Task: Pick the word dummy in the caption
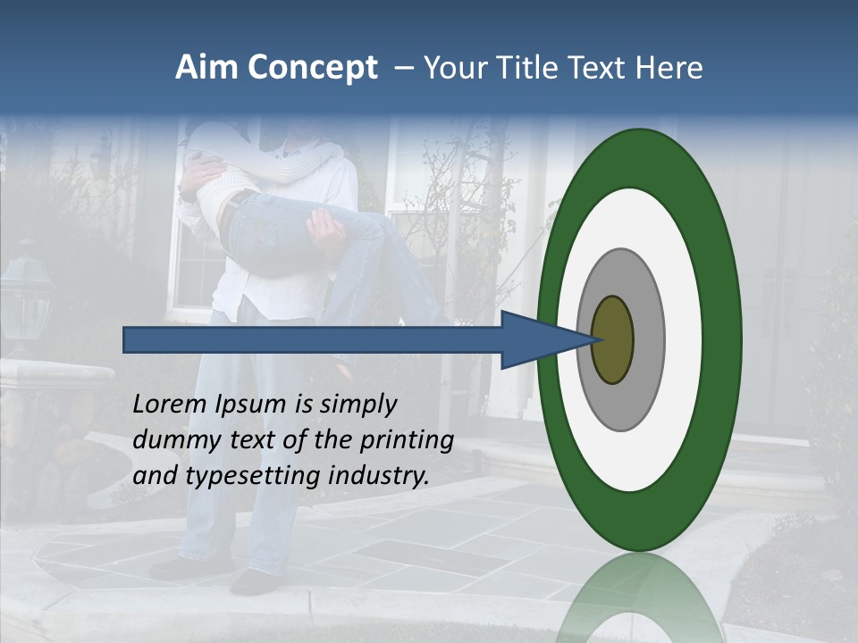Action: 170,440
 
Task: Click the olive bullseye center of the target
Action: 613,340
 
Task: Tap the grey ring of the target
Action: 647,340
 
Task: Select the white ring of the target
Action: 684,340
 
